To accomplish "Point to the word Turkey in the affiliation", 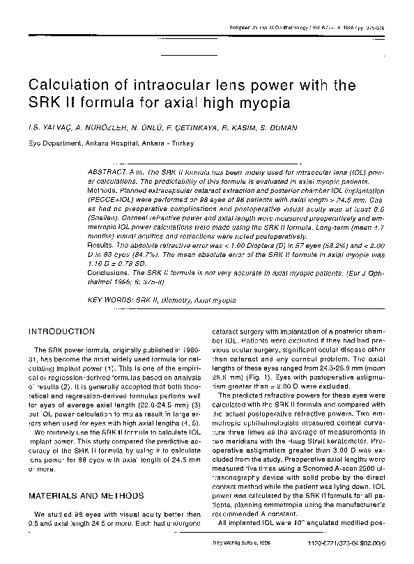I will tap(181, 144).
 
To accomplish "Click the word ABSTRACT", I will tap(106, 171).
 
